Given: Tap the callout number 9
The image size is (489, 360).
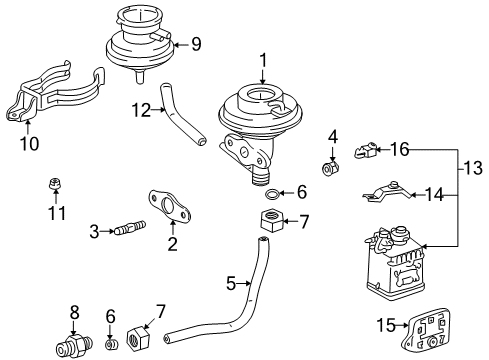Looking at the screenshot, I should pos(196,44).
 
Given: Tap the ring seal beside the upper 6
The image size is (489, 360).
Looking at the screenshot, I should pos(267,193).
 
